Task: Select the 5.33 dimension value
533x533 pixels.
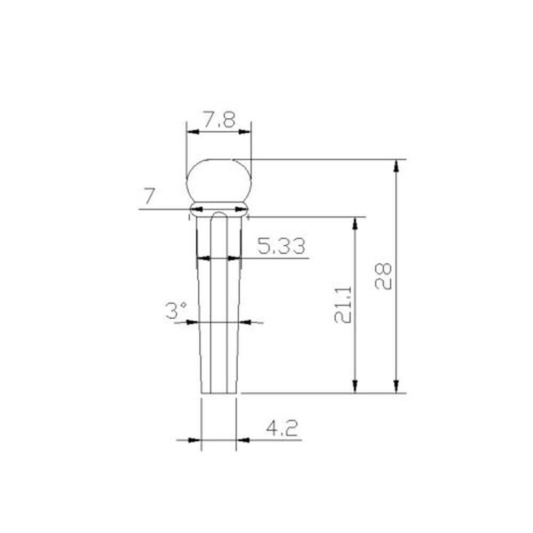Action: coord(281,246)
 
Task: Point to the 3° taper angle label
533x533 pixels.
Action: coord(176,310)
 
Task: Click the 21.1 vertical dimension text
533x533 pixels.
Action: coord(343,304)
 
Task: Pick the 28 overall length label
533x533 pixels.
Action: coord(383,276)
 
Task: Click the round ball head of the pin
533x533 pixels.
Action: coord(219,181)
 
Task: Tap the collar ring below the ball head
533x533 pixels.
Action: coord(219,209)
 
